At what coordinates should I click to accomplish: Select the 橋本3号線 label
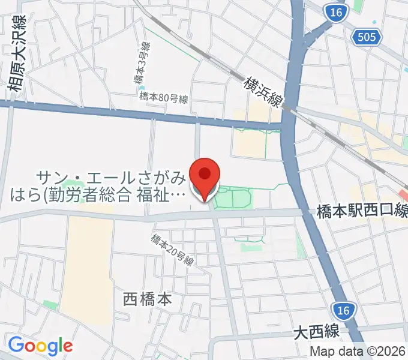click(x=140, y=63)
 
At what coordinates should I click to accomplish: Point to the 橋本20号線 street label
click(x=173, y=249)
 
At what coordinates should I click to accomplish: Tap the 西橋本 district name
click(x=147, y=299)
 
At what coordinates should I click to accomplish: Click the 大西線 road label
click(x=317, y=331)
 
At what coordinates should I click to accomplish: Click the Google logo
click(x=40, y=346)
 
